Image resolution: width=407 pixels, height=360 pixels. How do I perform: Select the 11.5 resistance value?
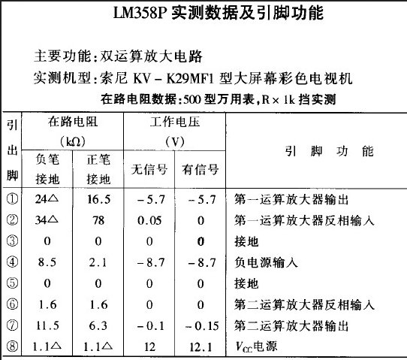point(49,325)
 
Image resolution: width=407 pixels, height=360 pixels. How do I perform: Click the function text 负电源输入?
point(267,262)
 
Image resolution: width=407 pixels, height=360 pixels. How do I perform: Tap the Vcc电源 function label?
point(256,346)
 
